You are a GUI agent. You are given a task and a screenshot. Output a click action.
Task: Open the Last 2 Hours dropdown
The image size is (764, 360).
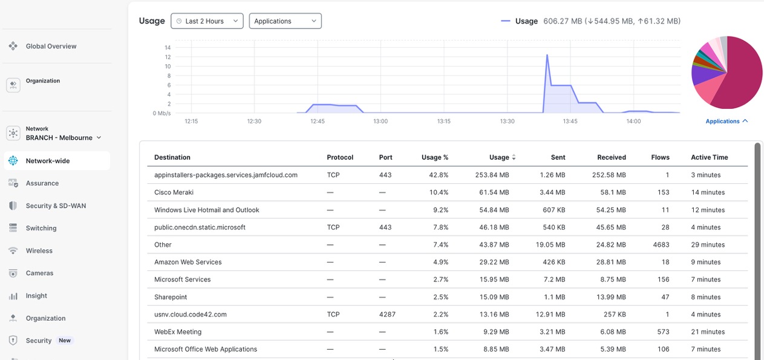pyautogui.click(x=207, y=21)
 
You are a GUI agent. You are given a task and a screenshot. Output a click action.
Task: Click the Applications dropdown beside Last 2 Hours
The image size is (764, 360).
pyautogui.click(x=285, y=21)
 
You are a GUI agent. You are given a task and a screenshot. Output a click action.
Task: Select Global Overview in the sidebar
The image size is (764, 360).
pyautogui.click(x=51, y=46)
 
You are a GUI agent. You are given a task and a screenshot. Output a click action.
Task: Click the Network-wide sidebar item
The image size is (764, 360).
pyautogui.click(x=48, y=161)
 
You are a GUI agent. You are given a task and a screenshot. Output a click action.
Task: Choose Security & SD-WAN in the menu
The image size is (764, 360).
pyautogui.click(x=56, y=206)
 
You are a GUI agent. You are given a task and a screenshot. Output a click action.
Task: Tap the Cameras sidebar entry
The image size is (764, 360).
pyautogui.click(x=39, y=273)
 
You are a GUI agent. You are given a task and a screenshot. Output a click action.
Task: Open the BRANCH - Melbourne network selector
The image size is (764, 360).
pyautogui.click(x=64, y=138)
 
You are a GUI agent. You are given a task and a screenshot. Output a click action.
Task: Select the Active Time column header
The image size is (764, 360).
pyautogui.click(x=709, y=157)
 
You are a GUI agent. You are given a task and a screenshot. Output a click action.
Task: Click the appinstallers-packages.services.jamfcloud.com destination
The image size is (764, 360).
pyautogui.click(x=226, y=175)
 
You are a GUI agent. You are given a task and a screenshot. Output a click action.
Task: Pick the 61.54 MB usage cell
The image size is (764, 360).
pyautogui.click(x=493, y=192)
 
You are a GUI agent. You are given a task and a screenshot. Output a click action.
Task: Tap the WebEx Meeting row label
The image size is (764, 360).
pyautogui.click(x=178, y=332)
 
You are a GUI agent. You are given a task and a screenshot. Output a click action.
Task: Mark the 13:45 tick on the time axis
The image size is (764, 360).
pyautogui.click(x=570, y=121)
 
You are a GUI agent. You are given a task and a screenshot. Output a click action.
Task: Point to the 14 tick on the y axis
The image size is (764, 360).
pyautogui.click(x=168, y=48)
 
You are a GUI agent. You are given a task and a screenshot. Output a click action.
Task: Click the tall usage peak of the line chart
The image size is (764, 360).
pyautogui.click(x=547, y=56)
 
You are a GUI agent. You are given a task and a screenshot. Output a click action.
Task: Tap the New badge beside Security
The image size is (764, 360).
pyautogui.click(x=65, y=341)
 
